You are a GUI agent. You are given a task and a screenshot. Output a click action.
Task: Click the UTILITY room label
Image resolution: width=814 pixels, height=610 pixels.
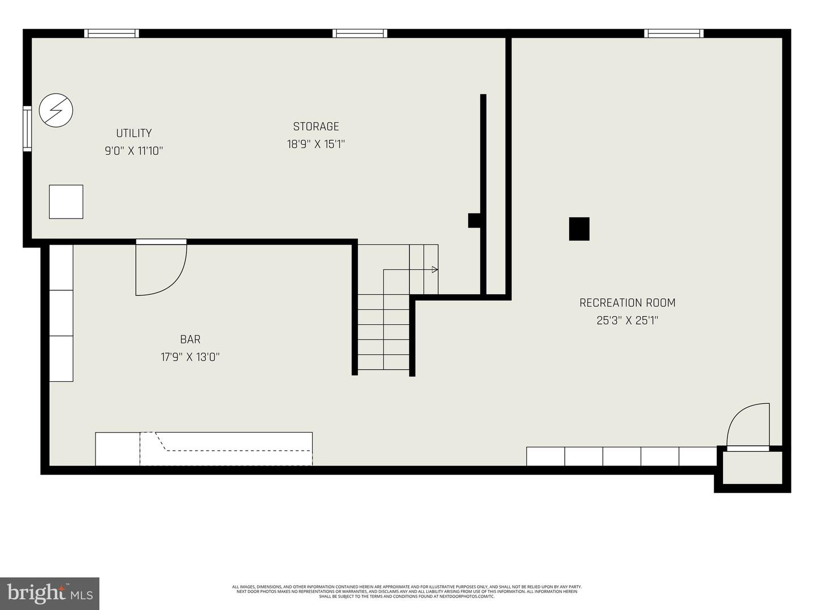tap(134, 133)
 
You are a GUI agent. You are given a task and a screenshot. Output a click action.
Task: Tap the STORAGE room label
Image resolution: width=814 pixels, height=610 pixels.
tap(316, 127)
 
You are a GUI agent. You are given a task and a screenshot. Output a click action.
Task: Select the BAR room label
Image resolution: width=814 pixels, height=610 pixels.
tap(190, 339)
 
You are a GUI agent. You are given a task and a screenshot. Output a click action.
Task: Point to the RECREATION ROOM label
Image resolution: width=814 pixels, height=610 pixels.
tap(627, 303)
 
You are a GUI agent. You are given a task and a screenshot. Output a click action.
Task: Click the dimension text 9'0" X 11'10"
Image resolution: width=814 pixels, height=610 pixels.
tap(134, 151)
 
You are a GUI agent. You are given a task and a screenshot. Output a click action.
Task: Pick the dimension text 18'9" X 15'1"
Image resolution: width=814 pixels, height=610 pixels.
tap(316, 144)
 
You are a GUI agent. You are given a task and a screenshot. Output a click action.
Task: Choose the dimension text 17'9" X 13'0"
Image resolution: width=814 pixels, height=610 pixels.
tap(190, 357)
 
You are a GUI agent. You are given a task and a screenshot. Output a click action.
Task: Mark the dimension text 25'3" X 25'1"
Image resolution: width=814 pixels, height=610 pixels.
tap(627, 320)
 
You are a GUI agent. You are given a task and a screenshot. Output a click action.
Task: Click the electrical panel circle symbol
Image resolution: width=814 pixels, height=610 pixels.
tap(56, 110)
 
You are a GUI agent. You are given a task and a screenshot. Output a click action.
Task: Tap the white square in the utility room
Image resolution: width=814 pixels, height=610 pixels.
tap(66, 202)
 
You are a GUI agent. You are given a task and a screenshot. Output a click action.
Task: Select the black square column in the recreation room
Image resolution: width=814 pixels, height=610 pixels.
tap(579, 229)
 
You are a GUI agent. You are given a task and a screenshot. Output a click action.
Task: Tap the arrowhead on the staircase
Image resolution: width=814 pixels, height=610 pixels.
tap(435, 269)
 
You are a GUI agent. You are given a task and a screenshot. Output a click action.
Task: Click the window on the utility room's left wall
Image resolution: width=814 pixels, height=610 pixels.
tap(27, 128)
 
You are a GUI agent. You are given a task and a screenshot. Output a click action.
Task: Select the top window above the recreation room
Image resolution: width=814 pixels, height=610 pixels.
tap(674, 33)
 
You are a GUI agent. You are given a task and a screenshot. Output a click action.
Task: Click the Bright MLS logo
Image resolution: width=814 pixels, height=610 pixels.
tap(49, 593)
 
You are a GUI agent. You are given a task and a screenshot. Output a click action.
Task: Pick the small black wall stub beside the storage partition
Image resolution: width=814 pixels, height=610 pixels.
tap(474, 220)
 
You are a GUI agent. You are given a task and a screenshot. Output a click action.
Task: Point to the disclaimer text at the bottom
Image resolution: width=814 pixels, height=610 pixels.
tap(407, 591)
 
